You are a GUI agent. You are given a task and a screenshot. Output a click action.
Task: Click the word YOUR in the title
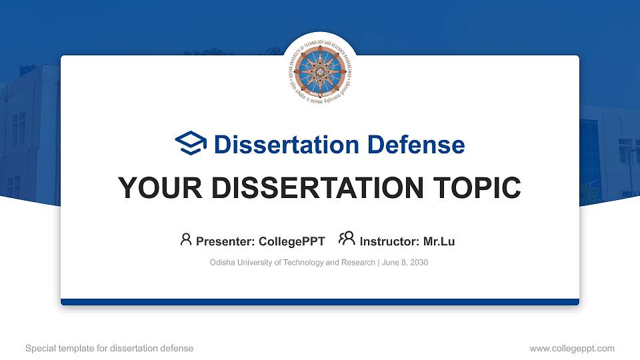(152, 188)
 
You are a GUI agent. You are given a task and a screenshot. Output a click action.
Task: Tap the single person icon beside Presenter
(186, 240)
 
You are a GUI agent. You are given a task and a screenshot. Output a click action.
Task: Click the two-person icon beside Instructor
(347, 240)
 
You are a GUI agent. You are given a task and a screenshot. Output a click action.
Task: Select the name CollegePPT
(292, 241)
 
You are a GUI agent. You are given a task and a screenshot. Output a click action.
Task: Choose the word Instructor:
(389, 241)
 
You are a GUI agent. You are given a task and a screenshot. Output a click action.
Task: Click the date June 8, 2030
(405, 263)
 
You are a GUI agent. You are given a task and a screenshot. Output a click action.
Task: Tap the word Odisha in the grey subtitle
(222, 263)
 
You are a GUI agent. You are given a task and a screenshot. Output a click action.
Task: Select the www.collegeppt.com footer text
(571, 348)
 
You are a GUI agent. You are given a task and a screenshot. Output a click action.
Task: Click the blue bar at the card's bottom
(320, 302)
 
